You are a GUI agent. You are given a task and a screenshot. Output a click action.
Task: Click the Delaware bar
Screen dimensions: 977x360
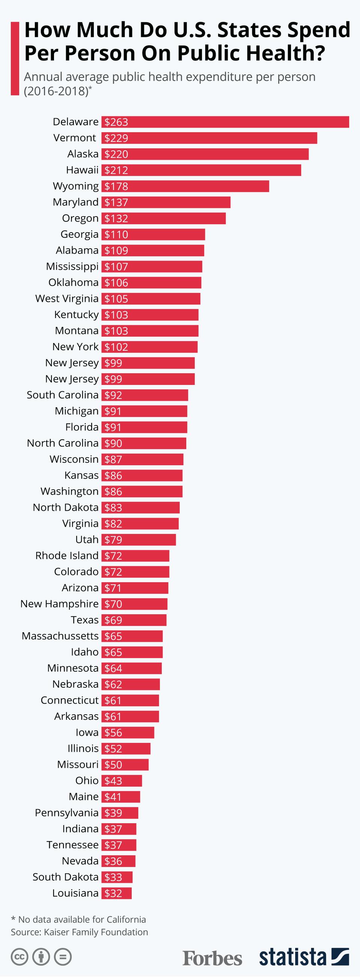[x=225, y=122]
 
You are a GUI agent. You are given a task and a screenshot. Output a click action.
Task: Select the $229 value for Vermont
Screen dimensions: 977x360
[x=116, y=138]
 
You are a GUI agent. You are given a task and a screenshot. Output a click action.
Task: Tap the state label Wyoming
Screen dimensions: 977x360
[x=75, y=186]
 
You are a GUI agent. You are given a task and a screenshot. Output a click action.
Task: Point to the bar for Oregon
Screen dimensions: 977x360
[x=164, y=218]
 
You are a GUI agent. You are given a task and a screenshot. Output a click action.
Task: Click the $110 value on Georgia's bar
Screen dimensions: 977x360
[x=116, y=234]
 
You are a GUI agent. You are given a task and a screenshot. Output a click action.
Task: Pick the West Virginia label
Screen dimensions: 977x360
[x=67, y=299]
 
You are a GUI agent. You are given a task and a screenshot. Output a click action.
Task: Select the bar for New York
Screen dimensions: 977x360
[x=149, y=347]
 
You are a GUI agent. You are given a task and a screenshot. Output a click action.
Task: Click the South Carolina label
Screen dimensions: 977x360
[x=63, y=395]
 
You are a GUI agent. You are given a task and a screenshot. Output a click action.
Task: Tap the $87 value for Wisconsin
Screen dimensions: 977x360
[x=113, y=459]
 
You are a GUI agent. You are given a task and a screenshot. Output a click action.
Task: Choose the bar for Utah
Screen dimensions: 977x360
[x=139, y=540]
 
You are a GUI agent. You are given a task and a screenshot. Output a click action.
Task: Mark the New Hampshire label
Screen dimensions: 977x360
[x=59, y=604]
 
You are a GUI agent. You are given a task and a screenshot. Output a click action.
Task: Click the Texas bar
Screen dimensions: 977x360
[x=134, y=620]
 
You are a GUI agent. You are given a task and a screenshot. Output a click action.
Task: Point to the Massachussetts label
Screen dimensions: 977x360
[x=60, y=636]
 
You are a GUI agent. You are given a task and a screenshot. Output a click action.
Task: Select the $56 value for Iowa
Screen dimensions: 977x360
[x=113, y=732]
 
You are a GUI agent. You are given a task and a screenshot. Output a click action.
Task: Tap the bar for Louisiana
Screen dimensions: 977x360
[x=116, y=893]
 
